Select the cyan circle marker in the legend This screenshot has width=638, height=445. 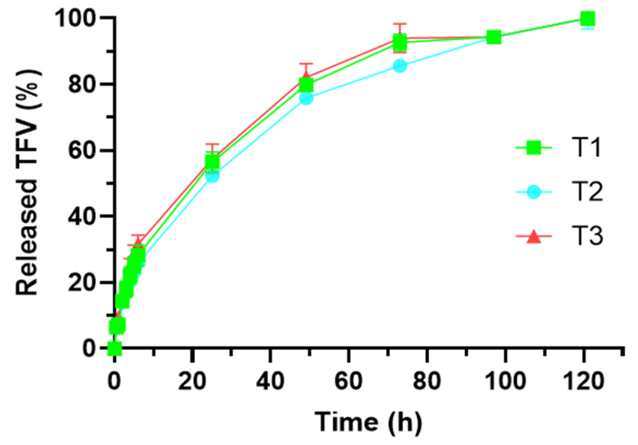[x=534, y=192]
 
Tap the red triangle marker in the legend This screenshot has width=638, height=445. [x=534, y=237]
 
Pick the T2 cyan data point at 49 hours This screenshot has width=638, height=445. [x=306, y=98]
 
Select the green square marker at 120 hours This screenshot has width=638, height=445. [x=587, y=19]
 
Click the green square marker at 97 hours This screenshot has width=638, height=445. [x=494, y=38]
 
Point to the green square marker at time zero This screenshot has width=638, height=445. [x=114, y=349]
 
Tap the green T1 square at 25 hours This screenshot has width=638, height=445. [x=212, y=162]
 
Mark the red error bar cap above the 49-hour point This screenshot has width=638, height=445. [x=306, y=64]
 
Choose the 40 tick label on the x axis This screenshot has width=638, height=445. [x=270, y=381]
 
